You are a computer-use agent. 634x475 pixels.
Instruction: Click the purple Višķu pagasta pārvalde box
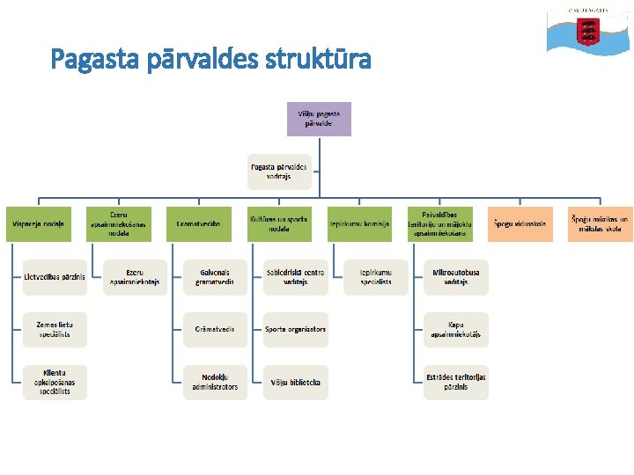pyautogui.click(x=319, y=119)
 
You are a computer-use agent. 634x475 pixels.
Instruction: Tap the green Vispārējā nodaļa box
pyautogui.click(x=39, y=224)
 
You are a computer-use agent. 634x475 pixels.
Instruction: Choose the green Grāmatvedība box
pyautogui.click(x=199, y=224)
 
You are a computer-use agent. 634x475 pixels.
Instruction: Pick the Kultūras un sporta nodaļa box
pyautogui.click(x=279, y=224)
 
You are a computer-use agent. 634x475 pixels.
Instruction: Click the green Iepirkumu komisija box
pyautogui.click(x=359, y=224)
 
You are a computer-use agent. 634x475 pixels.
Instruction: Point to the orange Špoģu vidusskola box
pyautogui.click(x=520, y=224)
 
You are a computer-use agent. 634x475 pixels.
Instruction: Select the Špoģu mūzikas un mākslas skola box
pyautogui.click(x=600, y=224)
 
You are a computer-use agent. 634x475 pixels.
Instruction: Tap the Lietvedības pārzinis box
pyautogui.click(x=55, y=277)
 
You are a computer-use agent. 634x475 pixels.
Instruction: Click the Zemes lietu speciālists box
pyautogui.click(x=55, y=330)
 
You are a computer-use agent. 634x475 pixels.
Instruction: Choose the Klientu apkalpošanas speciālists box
pyautogui.click(x=55, y=383)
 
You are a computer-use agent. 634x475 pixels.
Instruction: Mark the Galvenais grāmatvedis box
pyautogui.click(x=215, y=277)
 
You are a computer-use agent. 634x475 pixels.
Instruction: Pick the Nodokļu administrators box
pyautogui.click(x=215, y=383)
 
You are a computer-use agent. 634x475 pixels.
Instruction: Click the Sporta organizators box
pyautogui.click(x=296, y=330)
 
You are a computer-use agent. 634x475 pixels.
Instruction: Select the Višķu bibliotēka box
pyautogui.click(x=296, y=383)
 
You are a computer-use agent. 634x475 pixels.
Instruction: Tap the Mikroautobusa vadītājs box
pyautogui.click(x=455, y=277)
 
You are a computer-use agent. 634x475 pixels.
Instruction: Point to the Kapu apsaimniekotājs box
pyautogui.click(x=455, y=330)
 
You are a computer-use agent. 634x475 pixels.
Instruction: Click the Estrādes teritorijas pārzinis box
pyautogui.click(x=455, y=383)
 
